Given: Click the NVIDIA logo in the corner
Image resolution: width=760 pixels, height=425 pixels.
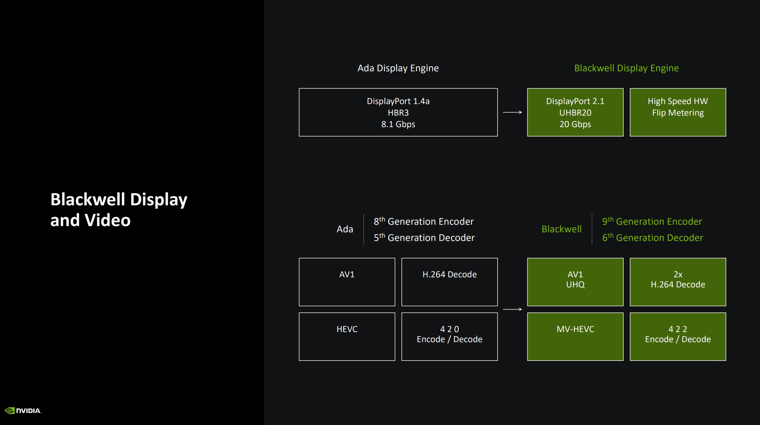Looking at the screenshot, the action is (x=23, y=411).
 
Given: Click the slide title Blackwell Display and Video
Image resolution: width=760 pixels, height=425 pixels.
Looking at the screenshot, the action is (x=119, y=210).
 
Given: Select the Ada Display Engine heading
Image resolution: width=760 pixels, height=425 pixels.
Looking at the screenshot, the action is (x=398, y=68).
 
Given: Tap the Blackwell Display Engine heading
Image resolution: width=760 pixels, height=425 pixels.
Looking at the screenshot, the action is (x=627, y=68).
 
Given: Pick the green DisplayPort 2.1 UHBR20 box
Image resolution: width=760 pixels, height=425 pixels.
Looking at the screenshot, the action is (x=575, y=112).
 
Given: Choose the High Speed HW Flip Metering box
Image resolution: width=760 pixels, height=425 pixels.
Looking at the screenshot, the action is (x=678, y=112).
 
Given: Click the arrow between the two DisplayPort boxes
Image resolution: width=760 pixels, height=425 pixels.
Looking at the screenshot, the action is (x=512, y=112).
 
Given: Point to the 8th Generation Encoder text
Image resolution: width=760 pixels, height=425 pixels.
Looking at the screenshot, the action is (x=424, y=221).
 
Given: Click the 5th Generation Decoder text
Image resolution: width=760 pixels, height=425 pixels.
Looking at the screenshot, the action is (x=424, y=238).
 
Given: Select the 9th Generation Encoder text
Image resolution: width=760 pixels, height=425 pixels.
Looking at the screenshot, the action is (x=652, y=221).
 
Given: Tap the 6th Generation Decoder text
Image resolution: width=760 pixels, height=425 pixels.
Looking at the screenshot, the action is (x=652, y=238).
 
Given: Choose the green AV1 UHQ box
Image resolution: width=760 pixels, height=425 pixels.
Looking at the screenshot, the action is (x=575, y=282).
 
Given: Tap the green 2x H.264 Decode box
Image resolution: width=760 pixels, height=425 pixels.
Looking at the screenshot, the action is (x=678, y=282).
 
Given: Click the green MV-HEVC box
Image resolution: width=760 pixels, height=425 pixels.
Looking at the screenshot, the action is (x=575, y=336).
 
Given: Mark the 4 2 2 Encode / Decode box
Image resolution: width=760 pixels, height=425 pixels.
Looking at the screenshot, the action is (x=678, y=336).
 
